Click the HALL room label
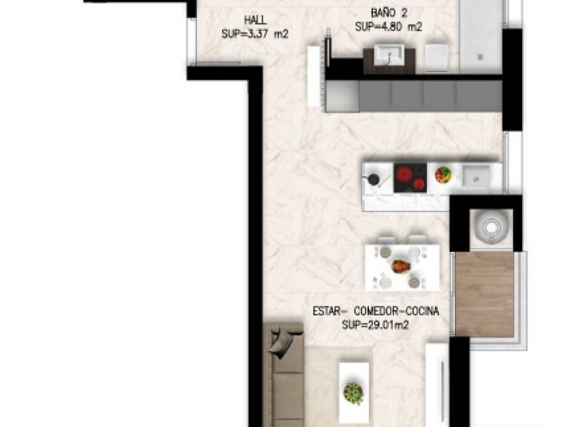point(255,19)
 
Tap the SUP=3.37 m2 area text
point(255,34)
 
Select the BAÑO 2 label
point(389,13)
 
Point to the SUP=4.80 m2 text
point(389,27)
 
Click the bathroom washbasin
point(390,55)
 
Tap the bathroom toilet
point(438,58)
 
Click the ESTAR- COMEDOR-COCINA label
point(376,312)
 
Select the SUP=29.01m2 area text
point(375,325)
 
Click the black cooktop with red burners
point(410,178)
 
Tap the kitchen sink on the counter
point(476,176)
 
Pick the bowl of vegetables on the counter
point(443,175)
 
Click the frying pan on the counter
point(374,179)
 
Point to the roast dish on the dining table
point(401,267)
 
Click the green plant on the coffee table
point(354,393)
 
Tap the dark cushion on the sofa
point(281,343)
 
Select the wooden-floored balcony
point(484,294)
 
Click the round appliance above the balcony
point(491,227)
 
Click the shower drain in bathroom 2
point(480,57)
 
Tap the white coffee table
point(354,392)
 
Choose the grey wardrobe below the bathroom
point(414,96)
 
